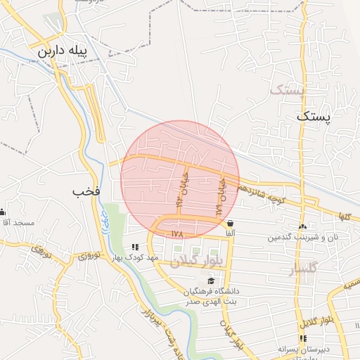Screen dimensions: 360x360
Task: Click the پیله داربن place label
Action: click(64, 52)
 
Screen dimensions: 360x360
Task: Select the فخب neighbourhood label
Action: click(86, 191)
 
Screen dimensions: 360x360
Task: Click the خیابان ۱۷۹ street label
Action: click(221, 196)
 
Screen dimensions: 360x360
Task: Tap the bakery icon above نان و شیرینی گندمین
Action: click(303, 226)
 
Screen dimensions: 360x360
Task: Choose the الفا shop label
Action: click(230, 233)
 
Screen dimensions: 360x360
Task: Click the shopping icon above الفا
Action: click(230, 223)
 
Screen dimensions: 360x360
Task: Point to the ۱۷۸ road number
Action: click(176, 233)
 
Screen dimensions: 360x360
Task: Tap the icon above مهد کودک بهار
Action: click(134, 247)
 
